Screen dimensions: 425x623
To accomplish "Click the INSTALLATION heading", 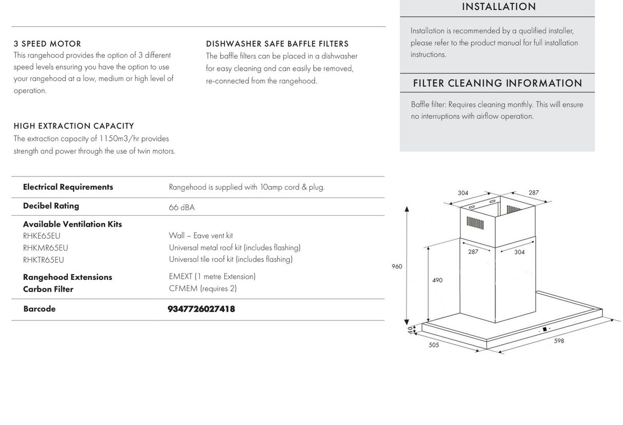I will point(499,7).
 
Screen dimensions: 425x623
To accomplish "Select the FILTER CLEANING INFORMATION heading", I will point(497,83).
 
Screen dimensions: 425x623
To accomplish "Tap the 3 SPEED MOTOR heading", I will point(47,44).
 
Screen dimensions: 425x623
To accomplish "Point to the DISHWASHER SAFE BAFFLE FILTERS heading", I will point(277,44).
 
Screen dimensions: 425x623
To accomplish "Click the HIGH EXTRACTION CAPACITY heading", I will point(74,126).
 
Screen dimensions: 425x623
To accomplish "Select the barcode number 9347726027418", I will point(201,309).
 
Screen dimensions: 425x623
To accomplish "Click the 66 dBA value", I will point(182,208).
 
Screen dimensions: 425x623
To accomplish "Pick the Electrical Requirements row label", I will point(68,187).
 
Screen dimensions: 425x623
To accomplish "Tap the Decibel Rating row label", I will point(51,206).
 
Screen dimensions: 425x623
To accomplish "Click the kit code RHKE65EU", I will point(42,236).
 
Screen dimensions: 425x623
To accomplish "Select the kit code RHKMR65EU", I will point(46,248).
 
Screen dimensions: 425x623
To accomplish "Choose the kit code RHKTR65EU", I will point(44,260).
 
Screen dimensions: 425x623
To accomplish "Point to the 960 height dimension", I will point(397,267).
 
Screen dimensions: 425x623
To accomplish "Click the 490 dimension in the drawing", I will point(437,280).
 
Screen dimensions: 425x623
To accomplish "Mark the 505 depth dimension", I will point(434,345).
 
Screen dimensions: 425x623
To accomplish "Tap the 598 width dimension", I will point(559,341).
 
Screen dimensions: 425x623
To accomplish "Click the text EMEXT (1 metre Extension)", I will point(212,277).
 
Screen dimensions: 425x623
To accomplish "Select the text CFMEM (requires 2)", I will point(203,289).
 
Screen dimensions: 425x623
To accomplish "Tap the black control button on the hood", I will point(544,329).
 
